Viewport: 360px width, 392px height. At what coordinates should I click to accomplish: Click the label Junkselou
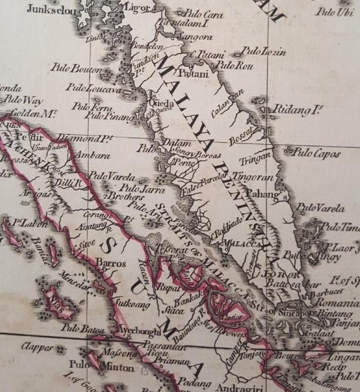click(x=50, y=9)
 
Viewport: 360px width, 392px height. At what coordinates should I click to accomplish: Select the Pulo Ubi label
click(x=335, y=12)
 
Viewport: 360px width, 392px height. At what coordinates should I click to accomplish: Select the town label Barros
click(x=111, y=263)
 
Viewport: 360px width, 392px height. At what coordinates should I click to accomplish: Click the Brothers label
click(x=124, y=196)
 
